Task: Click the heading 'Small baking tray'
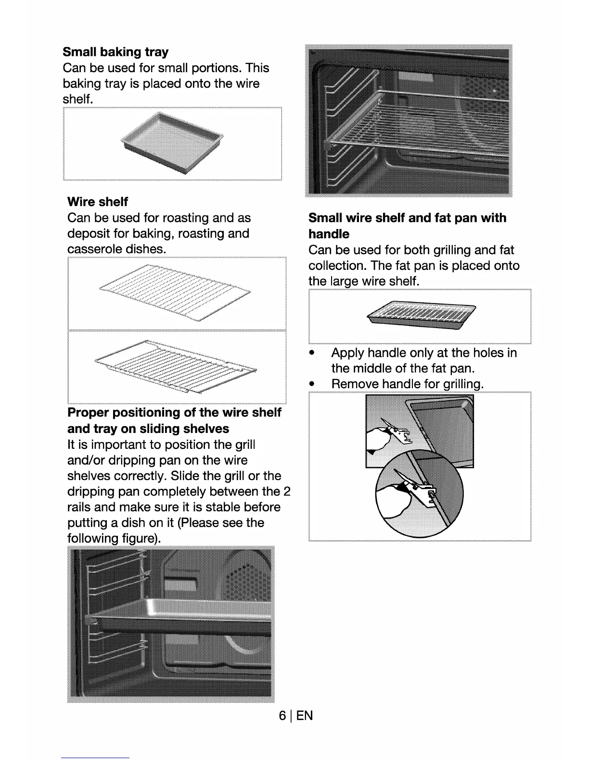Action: click(115, 52)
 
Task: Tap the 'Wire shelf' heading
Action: click(98, 202)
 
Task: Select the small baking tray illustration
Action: click(172, 142)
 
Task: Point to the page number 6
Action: click(282, 715)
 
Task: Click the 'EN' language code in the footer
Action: click(305, 715)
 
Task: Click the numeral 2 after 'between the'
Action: click(287, 492)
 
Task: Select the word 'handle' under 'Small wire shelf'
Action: click(329, 234)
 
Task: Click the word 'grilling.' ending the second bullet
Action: click(462, 384)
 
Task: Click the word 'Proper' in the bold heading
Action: click(88, 413)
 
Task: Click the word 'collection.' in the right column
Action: click(337, 266)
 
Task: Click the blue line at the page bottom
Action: click(95, 758)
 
